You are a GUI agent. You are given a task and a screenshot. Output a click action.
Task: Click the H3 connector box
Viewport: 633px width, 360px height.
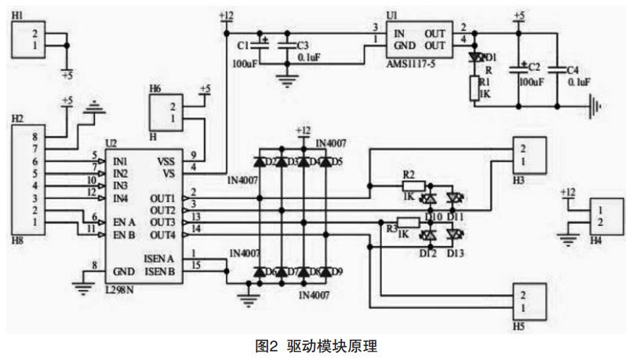tap(531, 156)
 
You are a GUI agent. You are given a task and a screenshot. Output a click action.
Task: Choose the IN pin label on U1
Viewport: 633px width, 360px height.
tap(399, 35)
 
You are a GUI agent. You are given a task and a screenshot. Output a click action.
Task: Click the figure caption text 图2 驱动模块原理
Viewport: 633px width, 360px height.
tap(316, 345)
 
